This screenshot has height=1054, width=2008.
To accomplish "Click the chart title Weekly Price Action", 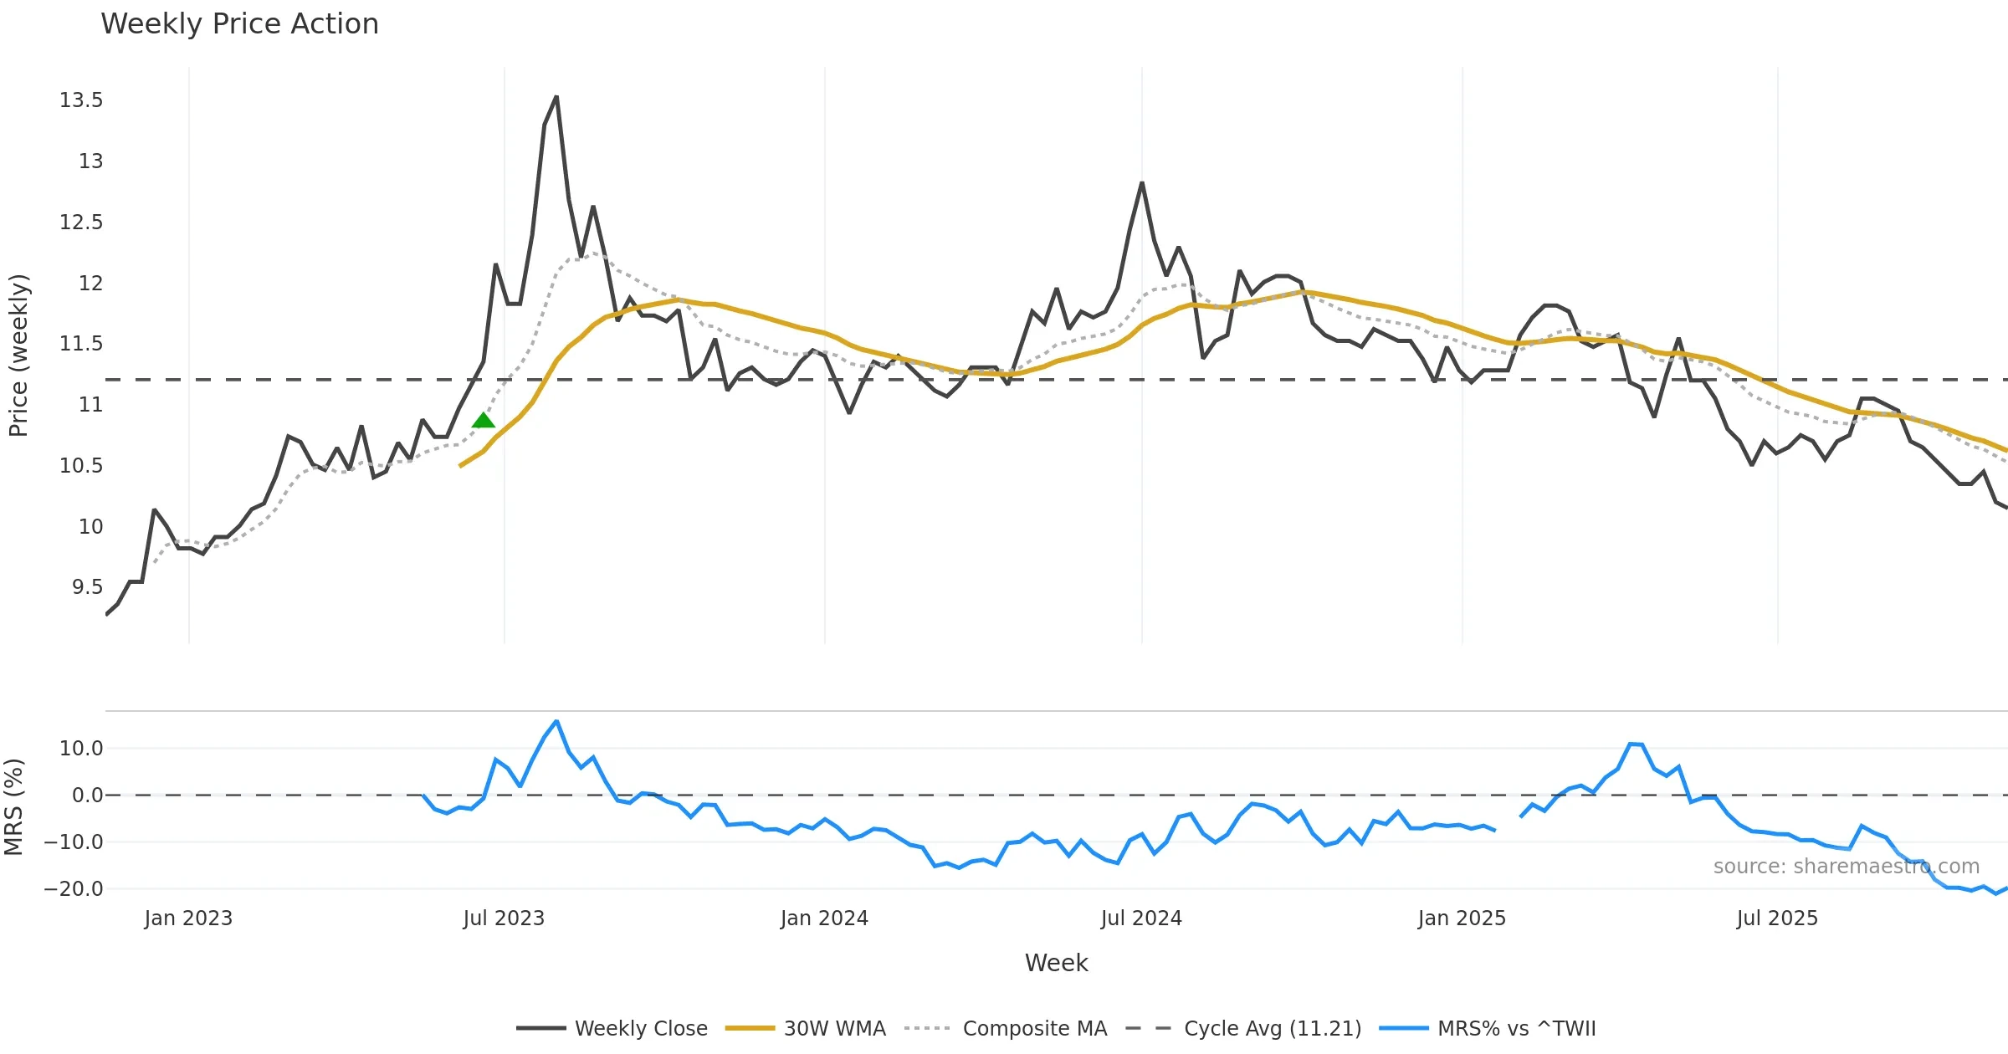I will pyautogui.click(x=239, y=24).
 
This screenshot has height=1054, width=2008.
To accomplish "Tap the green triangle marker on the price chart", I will pyautogui.click(x=484, y=421).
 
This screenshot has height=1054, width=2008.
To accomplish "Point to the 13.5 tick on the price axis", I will pyautogui.click(x=81, y=100).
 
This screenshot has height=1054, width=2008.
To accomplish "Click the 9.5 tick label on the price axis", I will pyautogui.click(x=87, y=587).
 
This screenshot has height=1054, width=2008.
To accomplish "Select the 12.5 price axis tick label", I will pyautogui.click(x=81, y=223).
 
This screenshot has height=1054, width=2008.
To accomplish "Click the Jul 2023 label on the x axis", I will pyautogui.click(x=504, y=918).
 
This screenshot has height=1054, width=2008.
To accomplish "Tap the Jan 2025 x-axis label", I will pyautogui.click(x=1462, y=918).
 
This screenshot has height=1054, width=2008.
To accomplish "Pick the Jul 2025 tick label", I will pyautogui.click(x=1777, y=918).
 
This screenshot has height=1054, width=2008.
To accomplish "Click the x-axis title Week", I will pyautogui.click(x=1056, y=964).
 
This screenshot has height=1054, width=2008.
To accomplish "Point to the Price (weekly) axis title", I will pyautogui.click(x=18, y=356).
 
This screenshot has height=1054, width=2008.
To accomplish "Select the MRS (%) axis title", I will pyautogui.click(x=14, y=807).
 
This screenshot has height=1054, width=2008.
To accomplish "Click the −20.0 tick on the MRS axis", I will pyautogui.click(x=74, y=889).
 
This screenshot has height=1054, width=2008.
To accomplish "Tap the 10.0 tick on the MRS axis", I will pyautogui.click(x=81, y=749).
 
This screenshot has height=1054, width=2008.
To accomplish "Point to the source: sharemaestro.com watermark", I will pyautogui.click(x=1846, y=867).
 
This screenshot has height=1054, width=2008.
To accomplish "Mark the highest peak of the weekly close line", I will pyautogui.click(x=556, y=97).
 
